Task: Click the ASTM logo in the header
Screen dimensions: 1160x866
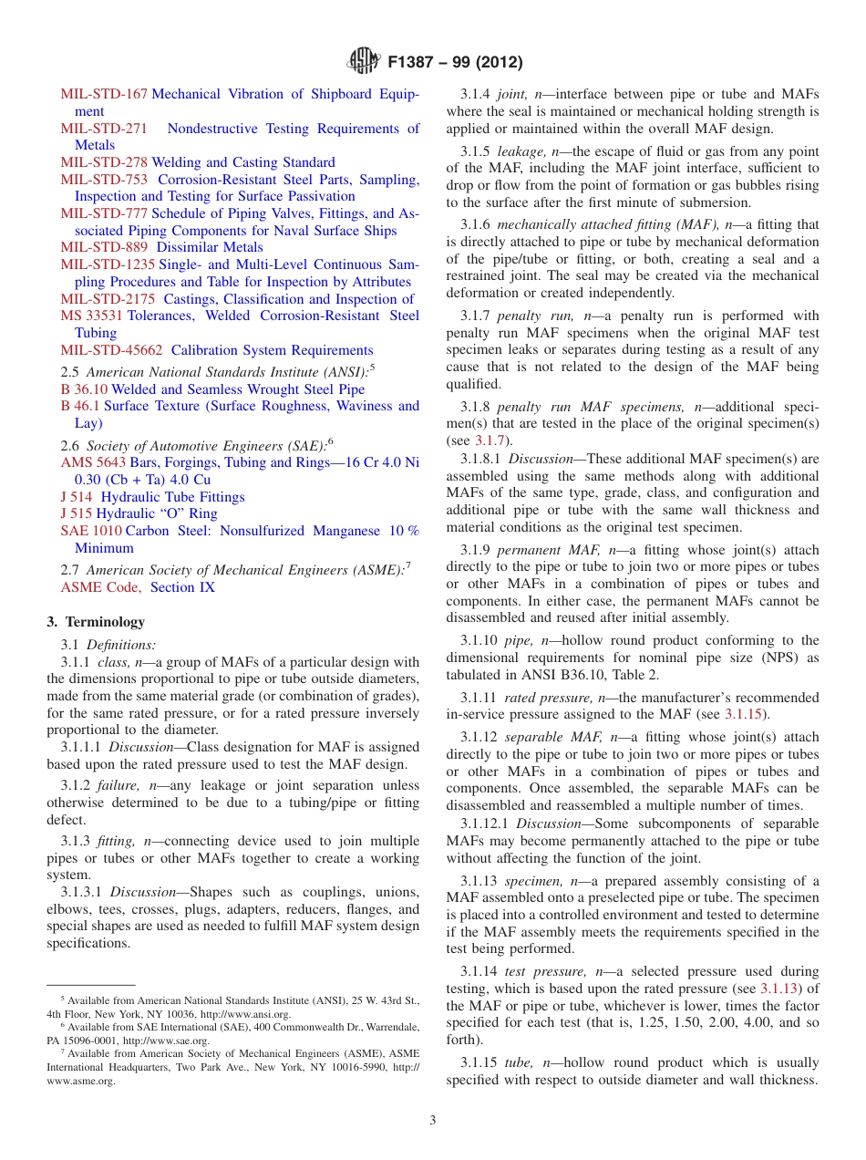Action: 364,63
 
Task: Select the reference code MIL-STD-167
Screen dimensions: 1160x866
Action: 104,94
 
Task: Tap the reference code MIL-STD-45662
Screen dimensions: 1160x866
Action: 112,350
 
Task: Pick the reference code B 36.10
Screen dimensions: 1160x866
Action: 84,389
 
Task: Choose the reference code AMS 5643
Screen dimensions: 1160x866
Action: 93,462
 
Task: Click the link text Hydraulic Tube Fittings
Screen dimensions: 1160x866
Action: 172,497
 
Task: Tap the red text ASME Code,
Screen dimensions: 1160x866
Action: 101,587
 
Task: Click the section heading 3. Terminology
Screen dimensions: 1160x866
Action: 96,622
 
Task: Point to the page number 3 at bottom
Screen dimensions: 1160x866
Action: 433,1121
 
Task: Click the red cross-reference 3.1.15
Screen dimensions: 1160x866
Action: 747,714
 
